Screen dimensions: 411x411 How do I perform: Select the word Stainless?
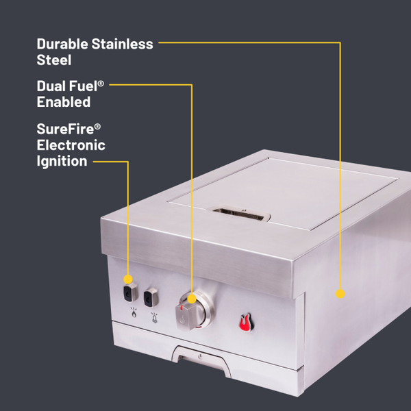(123, 45)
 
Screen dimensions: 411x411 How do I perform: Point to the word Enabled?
(64, 102)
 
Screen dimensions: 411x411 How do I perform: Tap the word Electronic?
(71, 145)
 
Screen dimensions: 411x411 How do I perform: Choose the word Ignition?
(62, 161)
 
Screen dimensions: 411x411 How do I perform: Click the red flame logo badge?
(245, 321)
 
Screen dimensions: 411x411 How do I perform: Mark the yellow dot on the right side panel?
(338, 293)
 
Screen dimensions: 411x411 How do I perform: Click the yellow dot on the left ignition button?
(128, 279)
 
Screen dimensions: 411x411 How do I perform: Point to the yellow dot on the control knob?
(192, 299)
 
